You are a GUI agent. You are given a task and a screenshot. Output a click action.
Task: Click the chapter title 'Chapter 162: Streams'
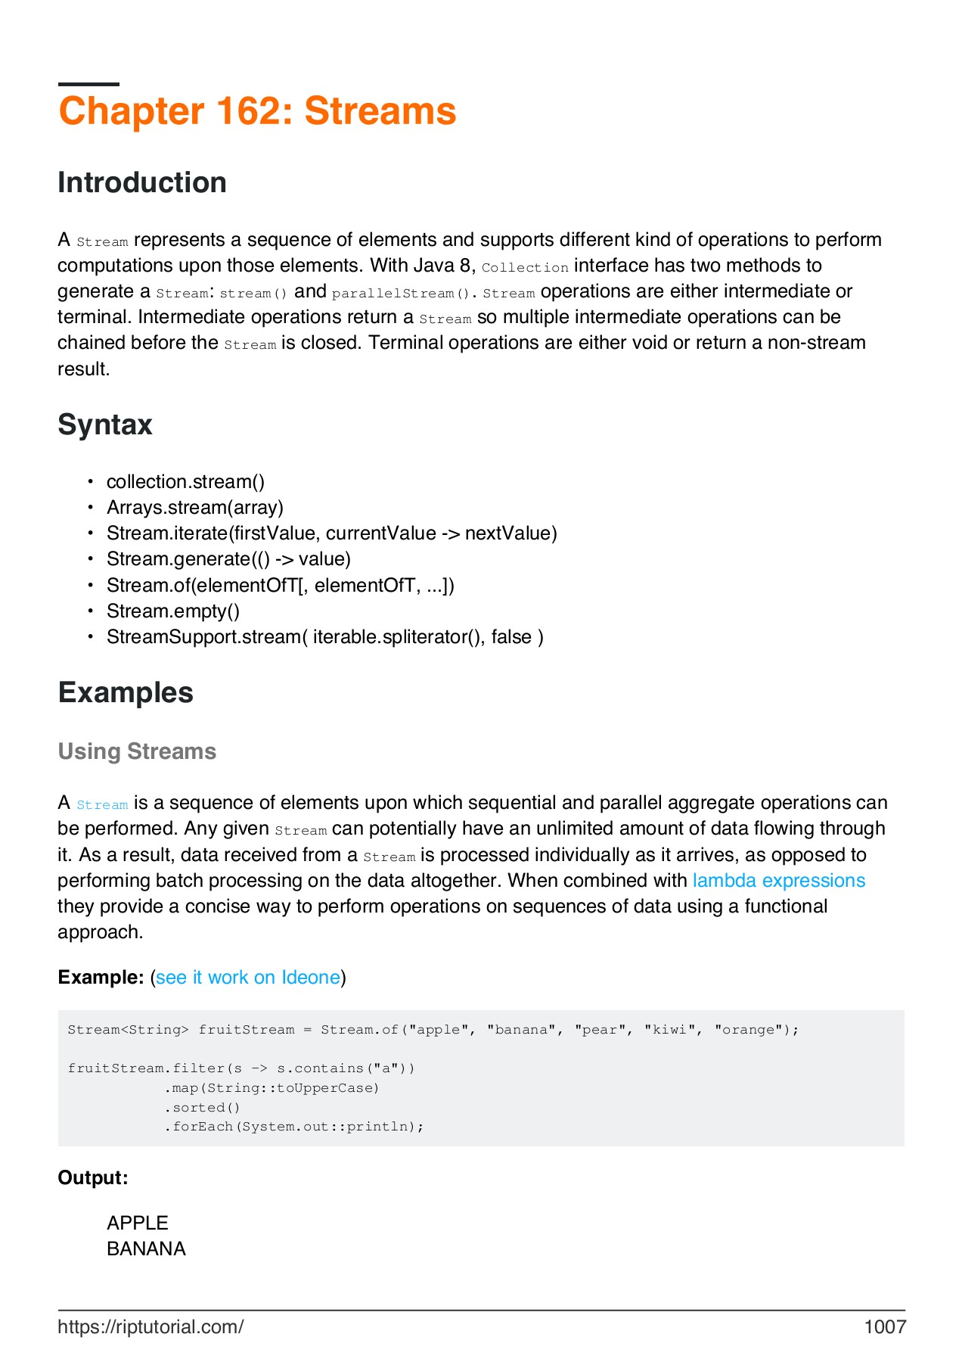[257, 111]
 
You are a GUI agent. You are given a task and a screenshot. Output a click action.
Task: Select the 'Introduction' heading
[142, 183]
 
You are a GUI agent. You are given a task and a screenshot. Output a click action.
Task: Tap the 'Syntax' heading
[105, 424]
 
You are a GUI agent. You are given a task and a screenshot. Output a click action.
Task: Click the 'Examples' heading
[126, 693]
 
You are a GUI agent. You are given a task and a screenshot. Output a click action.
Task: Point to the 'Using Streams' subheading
[137, 751]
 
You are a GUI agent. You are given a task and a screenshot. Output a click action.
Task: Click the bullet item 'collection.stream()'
[185, 482]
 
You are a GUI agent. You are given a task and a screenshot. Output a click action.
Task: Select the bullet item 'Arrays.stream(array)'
[195, 508]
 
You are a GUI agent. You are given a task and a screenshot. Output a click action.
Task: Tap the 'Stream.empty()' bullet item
[172, 611]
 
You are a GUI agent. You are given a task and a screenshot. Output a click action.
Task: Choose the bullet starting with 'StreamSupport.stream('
[324, 637]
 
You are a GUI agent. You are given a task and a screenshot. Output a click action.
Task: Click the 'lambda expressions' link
[779, 881]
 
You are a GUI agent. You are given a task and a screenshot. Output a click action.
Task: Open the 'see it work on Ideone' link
[248, 978]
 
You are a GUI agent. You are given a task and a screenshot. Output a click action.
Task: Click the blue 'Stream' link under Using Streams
[102, 804]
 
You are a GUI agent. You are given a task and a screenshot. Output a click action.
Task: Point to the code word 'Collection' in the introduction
[525, 267]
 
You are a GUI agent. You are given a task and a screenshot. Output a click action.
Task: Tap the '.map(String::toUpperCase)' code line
[272, 1088]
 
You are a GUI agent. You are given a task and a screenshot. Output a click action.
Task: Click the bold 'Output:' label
[93, 1178]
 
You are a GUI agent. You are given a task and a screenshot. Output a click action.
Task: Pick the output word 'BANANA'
[146, 1249]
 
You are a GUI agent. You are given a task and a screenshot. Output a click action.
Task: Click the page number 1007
[885, 1326]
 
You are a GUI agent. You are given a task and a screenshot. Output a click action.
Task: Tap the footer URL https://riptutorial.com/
[151, 1326]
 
